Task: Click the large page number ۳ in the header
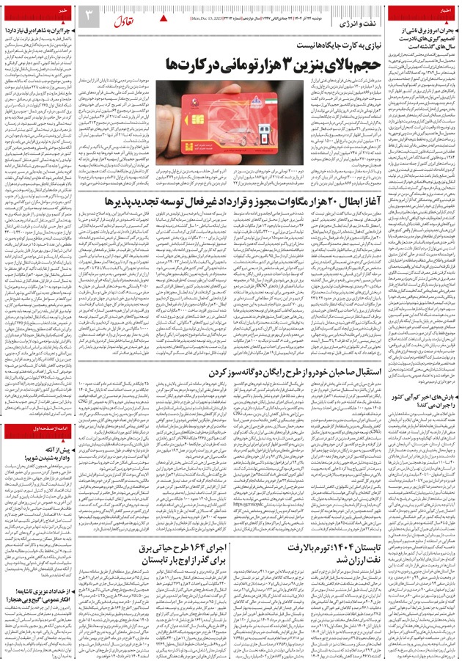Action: [x=87, y=15]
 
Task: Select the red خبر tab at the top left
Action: [x=18, y=12]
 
